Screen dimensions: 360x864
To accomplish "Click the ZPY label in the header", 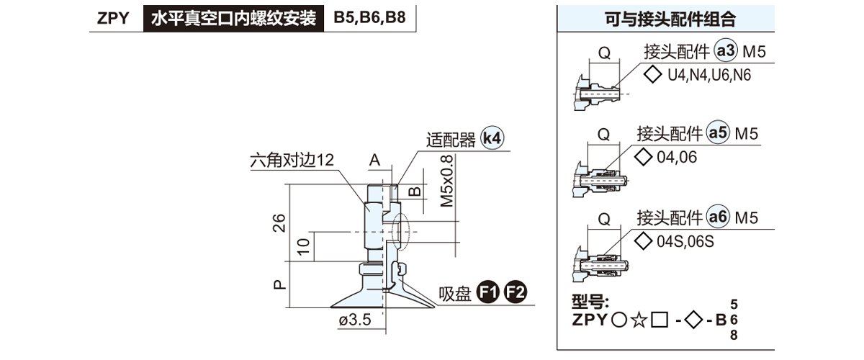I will [x=113, y=18].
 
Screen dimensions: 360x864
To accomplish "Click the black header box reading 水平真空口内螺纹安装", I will [x=234, y=18].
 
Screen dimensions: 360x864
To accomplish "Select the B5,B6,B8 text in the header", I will [x=369, y=18].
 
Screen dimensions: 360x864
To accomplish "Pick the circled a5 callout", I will [x=719, y=133].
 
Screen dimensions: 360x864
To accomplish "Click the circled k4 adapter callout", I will [x=492, y=139].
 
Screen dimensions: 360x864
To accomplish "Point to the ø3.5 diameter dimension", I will [x=354, y=321].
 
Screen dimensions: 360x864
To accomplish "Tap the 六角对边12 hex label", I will [x=292, y=161].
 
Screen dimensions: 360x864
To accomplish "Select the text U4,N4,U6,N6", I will [x=709, y=75].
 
